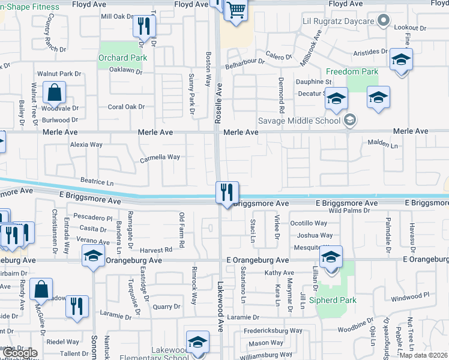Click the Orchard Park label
point(122,58)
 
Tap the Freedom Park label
point(352,72)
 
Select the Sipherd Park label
point(333,300)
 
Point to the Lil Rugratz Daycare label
point(338,22)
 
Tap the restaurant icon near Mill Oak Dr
point(144,26)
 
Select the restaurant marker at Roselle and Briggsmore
point(227,193)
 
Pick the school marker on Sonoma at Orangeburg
point(93,257)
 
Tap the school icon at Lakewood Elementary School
point(197,343)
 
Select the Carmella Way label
point(160,158)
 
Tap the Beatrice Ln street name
point(97,181)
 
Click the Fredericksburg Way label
point(273,331)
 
